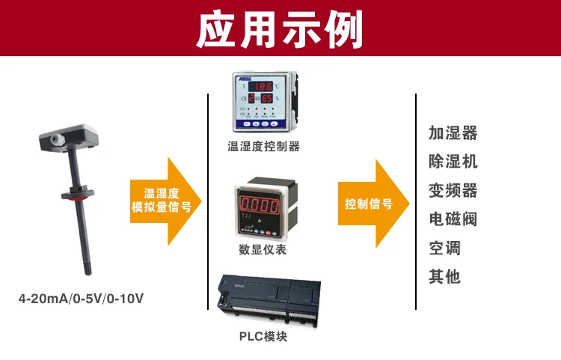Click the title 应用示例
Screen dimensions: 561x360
click(280, 30)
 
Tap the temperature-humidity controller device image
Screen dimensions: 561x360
click(263, 103)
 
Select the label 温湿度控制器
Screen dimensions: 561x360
click(263, 147)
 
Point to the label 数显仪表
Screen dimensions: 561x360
click(263, 249)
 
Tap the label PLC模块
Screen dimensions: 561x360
click(263, 337)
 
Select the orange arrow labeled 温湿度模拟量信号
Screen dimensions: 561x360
click(165, 201)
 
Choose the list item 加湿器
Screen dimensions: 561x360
click(453, 133)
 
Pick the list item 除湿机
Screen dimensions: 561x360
click(453, 162)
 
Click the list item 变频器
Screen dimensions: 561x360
click(453, 190)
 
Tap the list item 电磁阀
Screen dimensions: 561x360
click(453, 219)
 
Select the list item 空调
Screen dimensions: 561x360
click(444, 248)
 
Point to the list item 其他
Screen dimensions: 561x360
click(444, 276)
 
